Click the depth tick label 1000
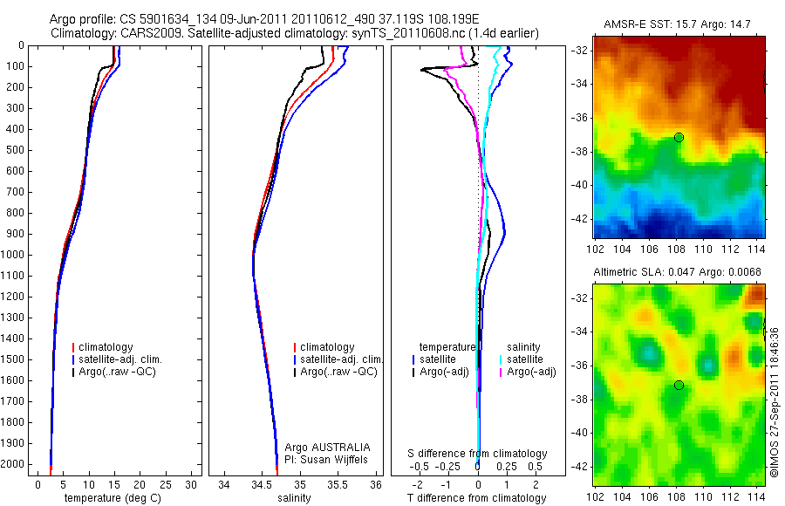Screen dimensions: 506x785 tap(14, 255)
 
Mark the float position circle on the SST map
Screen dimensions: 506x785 tap(679, 137)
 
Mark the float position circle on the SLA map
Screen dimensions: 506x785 tap(679, 385)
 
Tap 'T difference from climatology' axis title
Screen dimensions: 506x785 tap(478, 498)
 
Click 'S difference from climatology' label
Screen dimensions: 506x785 tap(478, 454)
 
